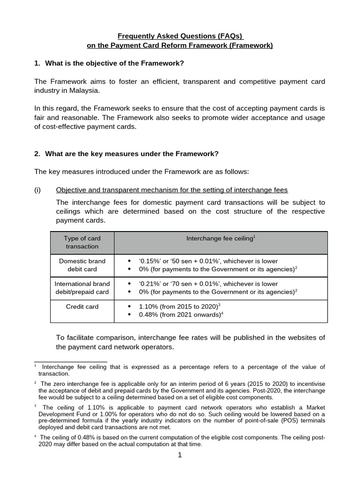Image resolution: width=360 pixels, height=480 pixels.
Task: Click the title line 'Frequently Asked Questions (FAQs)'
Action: coord(180,36)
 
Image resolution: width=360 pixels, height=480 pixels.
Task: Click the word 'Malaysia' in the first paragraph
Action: coord(82,90)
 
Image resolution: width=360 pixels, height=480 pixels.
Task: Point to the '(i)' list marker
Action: coord(38,190)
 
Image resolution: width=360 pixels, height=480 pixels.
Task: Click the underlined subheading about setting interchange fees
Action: coord(172,190)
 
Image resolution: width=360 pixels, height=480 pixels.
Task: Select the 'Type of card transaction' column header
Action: coord(82,242)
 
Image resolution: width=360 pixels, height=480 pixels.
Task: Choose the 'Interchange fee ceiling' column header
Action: coord(220,239)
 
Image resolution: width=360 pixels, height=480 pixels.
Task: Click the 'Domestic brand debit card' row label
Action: coord(82,265)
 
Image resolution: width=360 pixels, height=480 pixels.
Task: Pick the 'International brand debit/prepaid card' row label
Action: coord(82,288)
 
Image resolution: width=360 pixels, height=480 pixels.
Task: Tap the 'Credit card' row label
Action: coord(82,307)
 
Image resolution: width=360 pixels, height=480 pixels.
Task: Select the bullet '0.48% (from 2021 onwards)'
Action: coord(180,315)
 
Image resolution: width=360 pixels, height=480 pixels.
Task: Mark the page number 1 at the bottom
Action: coord(180,455)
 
